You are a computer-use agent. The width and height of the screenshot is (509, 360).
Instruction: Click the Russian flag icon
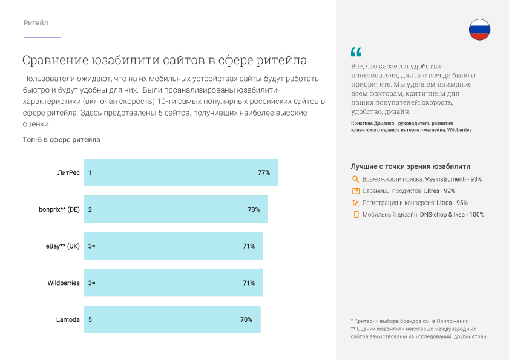click(479, 30)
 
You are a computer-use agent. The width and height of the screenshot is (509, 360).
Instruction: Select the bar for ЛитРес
click(180, 172)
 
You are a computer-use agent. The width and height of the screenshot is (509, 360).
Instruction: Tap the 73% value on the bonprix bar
click(254, 209)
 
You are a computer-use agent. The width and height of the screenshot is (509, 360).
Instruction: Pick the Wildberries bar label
click(64, 283)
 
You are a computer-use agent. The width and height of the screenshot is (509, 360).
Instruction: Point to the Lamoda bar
click(172, 319)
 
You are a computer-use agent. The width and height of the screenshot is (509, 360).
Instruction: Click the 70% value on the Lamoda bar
click(246, 319)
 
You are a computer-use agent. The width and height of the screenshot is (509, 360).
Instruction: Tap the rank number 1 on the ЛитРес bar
click(90, 172)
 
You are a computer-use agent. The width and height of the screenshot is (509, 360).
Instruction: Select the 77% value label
click(263, 172)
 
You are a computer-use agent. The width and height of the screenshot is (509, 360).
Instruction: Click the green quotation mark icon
click(355, 52)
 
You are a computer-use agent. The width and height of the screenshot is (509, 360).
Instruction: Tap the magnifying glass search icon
click(355, 179)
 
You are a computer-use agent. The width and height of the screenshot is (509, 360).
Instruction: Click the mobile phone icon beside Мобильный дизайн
click(356, 214)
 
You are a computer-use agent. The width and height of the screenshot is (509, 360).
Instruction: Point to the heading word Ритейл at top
click(36, 23)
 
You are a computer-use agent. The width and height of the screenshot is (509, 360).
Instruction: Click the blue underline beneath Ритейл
click(42, 38)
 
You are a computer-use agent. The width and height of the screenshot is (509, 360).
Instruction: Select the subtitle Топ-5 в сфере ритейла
click(61, 140)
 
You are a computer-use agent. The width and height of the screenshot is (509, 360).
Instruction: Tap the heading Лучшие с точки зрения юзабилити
click(410, 166)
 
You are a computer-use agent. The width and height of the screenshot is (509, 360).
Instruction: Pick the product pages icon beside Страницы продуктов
click(356, 191)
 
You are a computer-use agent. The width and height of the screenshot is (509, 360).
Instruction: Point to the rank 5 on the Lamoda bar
click(90, 319)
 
